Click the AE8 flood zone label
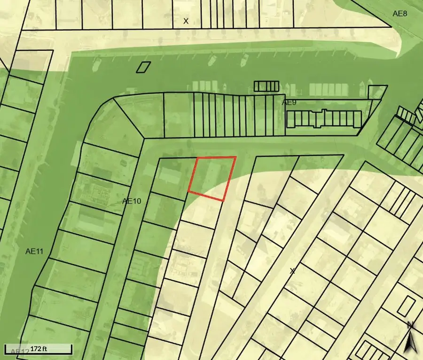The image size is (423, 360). click(x=400, y=14)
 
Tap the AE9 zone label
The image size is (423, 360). click(x=290, y=102)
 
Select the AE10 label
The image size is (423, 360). click(x=132, y=201)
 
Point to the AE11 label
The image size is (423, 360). click(x=34, y=251)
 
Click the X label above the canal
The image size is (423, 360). click(x=186, y=21)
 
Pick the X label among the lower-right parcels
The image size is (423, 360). click(x=292, y=271)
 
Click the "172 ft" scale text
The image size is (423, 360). click(x=39, y=349)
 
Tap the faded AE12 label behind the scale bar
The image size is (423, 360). click(x=18, y=351)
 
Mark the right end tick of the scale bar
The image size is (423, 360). click(x=71, y=349)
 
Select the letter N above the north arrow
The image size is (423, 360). click(x=410, y=325)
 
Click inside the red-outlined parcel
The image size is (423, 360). click(x=211, y=177)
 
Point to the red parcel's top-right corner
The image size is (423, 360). click(x=235, y=157)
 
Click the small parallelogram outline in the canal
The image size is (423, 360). click(x=143, y=67)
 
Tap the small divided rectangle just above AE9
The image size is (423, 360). click(x=266, y=86)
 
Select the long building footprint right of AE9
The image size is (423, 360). click(x=324, y=119)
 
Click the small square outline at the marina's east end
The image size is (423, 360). click(x=376, y=92)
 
